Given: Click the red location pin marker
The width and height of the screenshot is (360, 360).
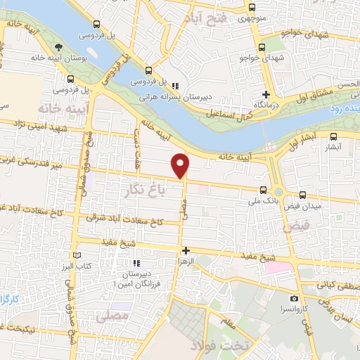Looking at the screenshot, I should click(181, 165).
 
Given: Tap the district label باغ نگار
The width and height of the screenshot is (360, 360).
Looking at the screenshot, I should click(149, 188).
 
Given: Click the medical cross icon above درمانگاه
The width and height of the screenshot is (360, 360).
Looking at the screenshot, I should click(266, 95).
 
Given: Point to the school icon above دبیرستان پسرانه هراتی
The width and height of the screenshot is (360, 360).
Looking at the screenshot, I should click(165, 86).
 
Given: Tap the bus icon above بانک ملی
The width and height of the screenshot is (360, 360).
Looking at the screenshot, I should click(263, 190).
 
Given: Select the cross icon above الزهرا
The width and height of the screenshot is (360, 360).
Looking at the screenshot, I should click(186, 250).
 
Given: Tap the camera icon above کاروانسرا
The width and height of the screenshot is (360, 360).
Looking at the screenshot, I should click(294, 299).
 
